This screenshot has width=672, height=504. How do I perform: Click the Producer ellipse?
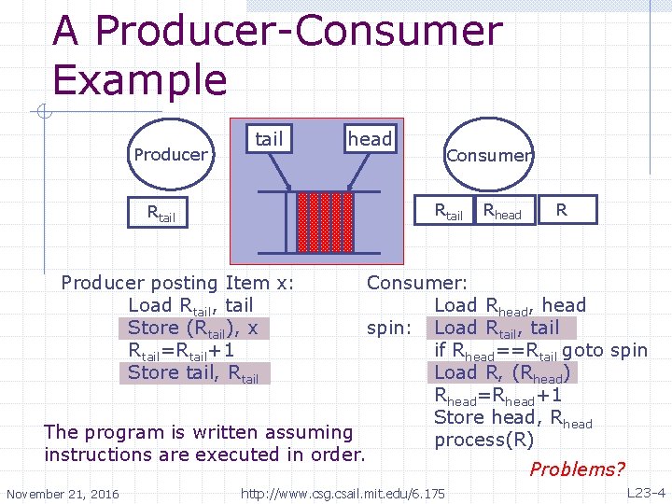point(171,154)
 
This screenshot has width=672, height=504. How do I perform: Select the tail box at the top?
point(269,139)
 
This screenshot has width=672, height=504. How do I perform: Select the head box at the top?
point(371,139)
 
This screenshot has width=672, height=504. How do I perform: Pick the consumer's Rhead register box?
point(502,212)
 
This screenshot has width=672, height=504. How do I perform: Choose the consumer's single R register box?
point(561,210)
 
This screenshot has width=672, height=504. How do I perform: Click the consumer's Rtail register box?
point(449,212)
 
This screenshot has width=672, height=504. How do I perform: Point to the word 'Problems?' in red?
point(577,469)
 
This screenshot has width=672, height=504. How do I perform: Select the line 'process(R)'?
point(484,440)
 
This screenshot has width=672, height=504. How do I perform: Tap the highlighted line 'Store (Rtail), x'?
point(193,328)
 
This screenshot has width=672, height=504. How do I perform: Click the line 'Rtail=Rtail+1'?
point(181,350)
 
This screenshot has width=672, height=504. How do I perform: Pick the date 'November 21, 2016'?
point(63,493)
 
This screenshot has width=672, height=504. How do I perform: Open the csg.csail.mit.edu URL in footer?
point(343,492)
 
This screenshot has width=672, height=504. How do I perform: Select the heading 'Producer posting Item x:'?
point(177,283)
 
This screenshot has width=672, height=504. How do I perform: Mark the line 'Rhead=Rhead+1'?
point(499,395)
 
